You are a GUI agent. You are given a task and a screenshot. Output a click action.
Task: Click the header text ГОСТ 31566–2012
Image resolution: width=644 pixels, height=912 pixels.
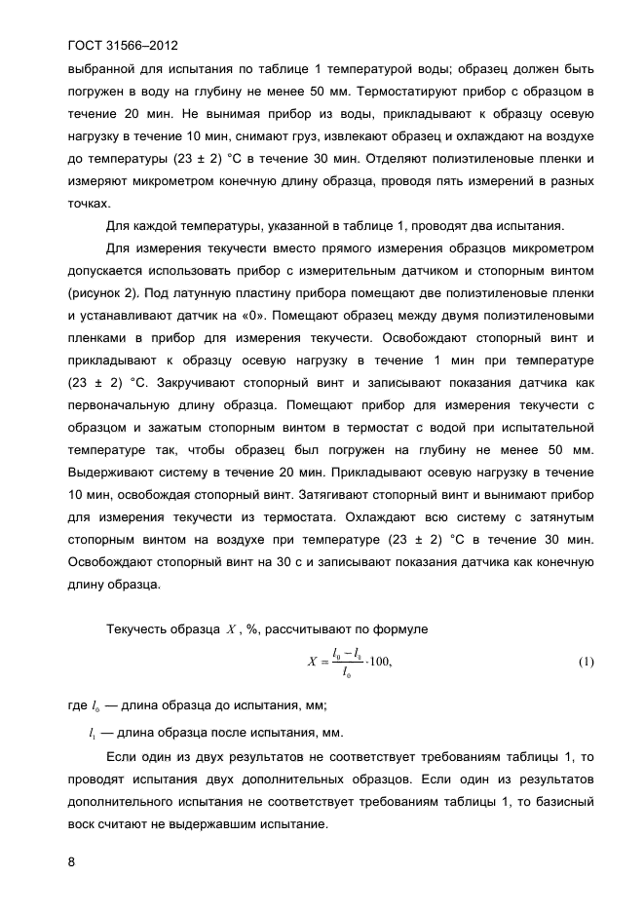[x=123, y=45]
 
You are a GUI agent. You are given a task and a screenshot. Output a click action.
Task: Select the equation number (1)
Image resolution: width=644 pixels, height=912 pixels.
[x=586, y=663]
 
